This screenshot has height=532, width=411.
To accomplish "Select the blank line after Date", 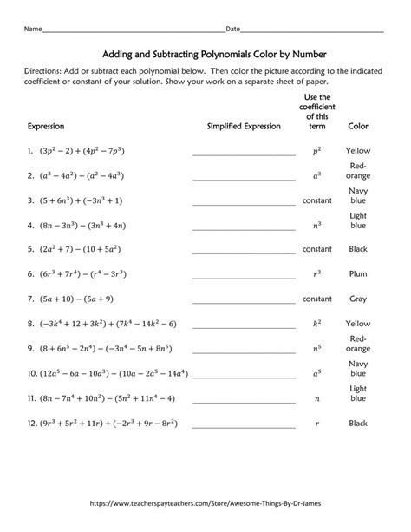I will [x=312, y=30].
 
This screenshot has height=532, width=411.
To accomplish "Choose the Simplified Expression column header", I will [x=244, y=127].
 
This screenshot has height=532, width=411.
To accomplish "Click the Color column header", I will [x=358, y=127].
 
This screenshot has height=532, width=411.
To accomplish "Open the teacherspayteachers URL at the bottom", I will [x=205, y=503].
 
